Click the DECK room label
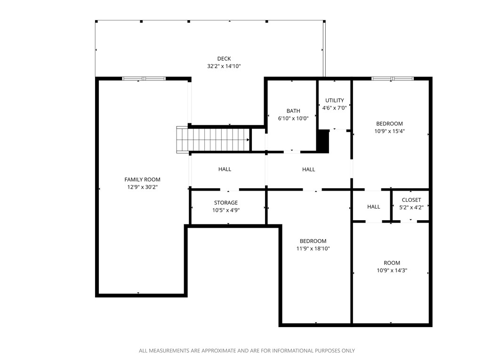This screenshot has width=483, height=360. click(x=224, y=59)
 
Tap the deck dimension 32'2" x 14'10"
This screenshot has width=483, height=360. click(x=224, y=67)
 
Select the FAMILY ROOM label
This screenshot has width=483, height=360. click(x=142, y=179)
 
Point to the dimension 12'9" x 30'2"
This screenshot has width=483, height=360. click(x=142, y=187)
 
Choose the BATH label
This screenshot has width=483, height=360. click(x=293, y=111)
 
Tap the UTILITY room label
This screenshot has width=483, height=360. click(x=335, y=100)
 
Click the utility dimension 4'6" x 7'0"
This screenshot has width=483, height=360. click(x=335, y=108)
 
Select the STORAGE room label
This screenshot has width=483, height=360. click(x=226, y=203)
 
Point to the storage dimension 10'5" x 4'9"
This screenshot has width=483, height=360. click(x=226, y=210)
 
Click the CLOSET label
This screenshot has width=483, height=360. click(x=411, y=200)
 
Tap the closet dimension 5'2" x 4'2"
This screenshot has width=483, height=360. click(x=411, y=207)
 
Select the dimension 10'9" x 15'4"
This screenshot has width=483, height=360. click(x=389, y=131)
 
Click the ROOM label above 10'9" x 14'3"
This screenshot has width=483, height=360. click(x=392, y=263)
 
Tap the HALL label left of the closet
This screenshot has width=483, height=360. click(x=373, y=207)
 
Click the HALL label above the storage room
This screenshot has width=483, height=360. click(x=225, y=169)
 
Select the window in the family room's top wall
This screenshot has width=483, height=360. click(x=144, y=79)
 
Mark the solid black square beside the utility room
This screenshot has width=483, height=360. click(x=323, y=141)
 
